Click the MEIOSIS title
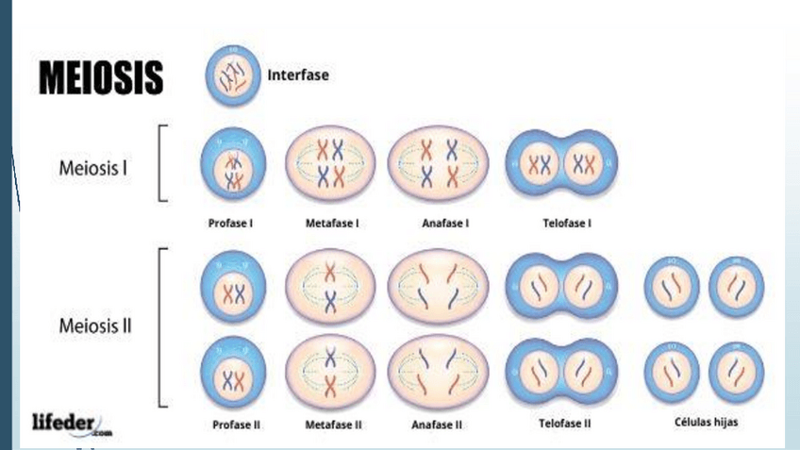(x=100, y=79)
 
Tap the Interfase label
(x=299, y=75)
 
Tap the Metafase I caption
(x=330, y=225)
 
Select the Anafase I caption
(x=440, y=225)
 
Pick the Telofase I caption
(x=564, y=225)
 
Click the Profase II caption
(x=234, y=425)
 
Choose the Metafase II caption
(x=333, y=425)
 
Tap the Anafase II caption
(x=437, y=425)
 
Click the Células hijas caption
(x=703, y=423)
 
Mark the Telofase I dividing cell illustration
(x=563, y=165)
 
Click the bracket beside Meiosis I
(x=163, y=162)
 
